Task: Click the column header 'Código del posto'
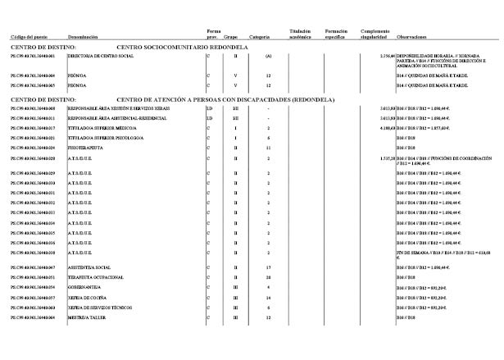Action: pyautogui.click(x=27, y=37)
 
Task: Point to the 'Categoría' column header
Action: pyautogui.click(x=259, y=37)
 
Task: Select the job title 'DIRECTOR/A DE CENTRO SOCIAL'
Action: pyautogui.click(x=101, y=57)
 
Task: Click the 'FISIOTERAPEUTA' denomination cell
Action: pyautogui.click(x=85, y=147)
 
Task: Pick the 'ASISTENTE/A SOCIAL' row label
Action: pyautogui.click(x=89, y=267)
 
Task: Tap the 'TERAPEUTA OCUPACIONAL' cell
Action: pyautogui.click(x=94, y=277)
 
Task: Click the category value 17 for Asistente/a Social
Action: pyautogui.click(x=269, y=267)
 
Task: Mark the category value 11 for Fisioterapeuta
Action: pyautogui.click(x=269, y=147)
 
